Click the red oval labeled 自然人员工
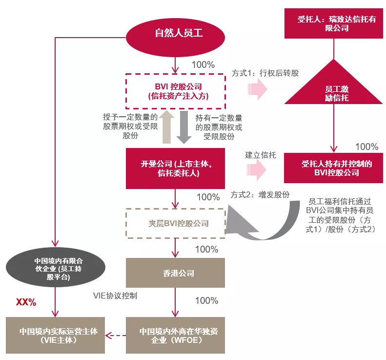tap(175, 38)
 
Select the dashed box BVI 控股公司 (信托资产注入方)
tap(176, 91)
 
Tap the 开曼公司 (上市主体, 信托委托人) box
tap(175, 169)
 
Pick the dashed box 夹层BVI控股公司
tap(176, 223)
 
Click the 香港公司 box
tap(175, 273)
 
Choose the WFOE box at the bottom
tap(175, 335)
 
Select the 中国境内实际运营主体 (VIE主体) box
tap(56, 335)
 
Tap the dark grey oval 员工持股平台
tap(56, 267)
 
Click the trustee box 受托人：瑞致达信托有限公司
tap(334, 23)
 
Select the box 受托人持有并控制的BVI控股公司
tap(334, 168)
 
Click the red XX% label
tap(26, 302)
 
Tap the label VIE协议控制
tap(115, 296)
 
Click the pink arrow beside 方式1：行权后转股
tap(258, 89)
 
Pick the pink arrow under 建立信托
tap(257, 170)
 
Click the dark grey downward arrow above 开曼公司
tap(184, 127)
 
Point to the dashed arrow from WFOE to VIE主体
tap(116, 336)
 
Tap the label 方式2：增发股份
tap(260, 195)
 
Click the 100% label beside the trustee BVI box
tap(367, 147)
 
